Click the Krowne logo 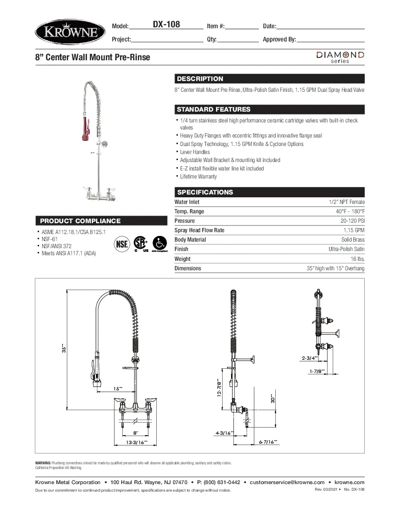pos(68,32)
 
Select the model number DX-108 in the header pos(166,24)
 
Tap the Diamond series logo pos(340,57)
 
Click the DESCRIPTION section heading pos(200,79)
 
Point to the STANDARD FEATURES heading pos(213,109)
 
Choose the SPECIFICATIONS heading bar pos(205,192)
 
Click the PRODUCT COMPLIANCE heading pos(80,221)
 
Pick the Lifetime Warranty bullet pos(198,177)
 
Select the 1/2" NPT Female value pos(346,202)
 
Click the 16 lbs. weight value pos(357,259)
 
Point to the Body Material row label pos(190,240)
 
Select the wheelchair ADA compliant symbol pos(160,243)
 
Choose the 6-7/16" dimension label pos(268,442)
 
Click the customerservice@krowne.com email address pos(287,482)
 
